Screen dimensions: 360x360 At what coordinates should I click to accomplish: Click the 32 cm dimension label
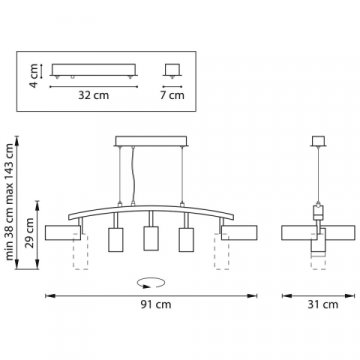(94, 95)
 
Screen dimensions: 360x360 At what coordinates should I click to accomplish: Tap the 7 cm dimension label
(172, 95)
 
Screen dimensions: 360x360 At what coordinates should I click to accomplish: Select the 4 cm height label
(34, 76)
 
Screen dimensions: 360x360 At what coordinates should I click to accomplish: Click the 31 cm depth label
(323, 305)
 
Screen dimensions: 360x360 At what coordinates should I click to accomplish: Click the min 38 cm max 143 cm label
(10, 202)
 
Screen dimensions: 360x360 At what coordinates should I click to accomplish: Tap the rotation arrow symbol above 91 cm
(151, 283)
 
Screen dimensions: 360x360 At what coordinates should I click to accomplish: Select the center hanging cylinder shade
(151, 238)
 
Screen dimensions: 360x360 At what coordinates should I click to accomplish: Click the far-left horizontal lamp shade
(63, 233)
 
